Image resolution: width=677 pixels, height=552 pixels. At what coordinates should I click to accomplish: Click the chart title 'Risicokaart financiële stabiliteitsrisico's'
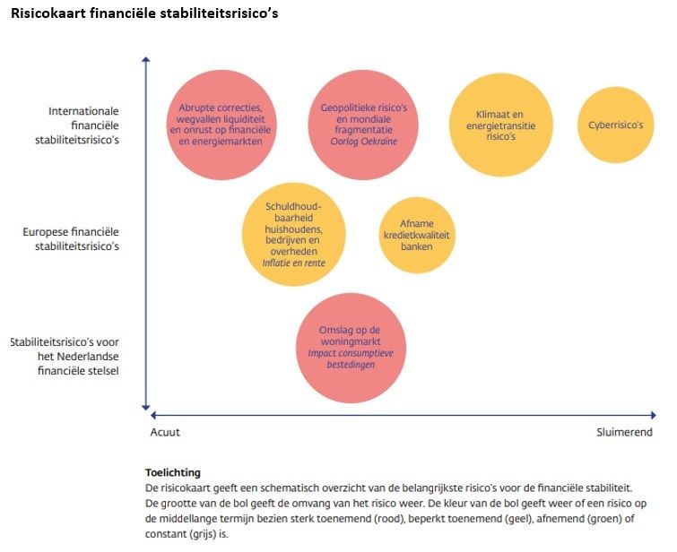[144, 13]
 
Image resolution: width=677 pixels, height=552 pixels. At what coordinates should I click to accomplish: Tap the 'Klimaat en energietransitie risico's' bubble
[500, 125]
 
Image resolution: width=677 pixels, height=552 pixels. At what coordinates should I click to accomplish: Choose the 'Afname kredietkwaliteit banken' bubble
[417, 235]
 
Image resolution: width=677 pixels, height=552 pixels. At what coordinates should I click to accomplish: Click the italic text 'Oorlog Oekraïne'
[363, 142]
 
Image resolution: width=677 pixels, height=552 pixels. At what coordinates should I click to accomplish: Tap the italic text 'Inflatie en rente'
[293, 263]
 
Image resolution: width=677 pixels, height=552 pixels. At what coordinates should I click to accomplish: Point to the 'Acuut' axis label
[165, 432]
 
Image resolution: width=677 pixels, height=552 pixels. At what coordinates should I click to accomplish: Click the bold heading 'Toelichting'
[172, 472]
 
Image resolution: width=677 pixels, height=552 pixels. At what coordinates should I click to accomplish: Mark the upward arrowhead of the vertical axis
[145, 60]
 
